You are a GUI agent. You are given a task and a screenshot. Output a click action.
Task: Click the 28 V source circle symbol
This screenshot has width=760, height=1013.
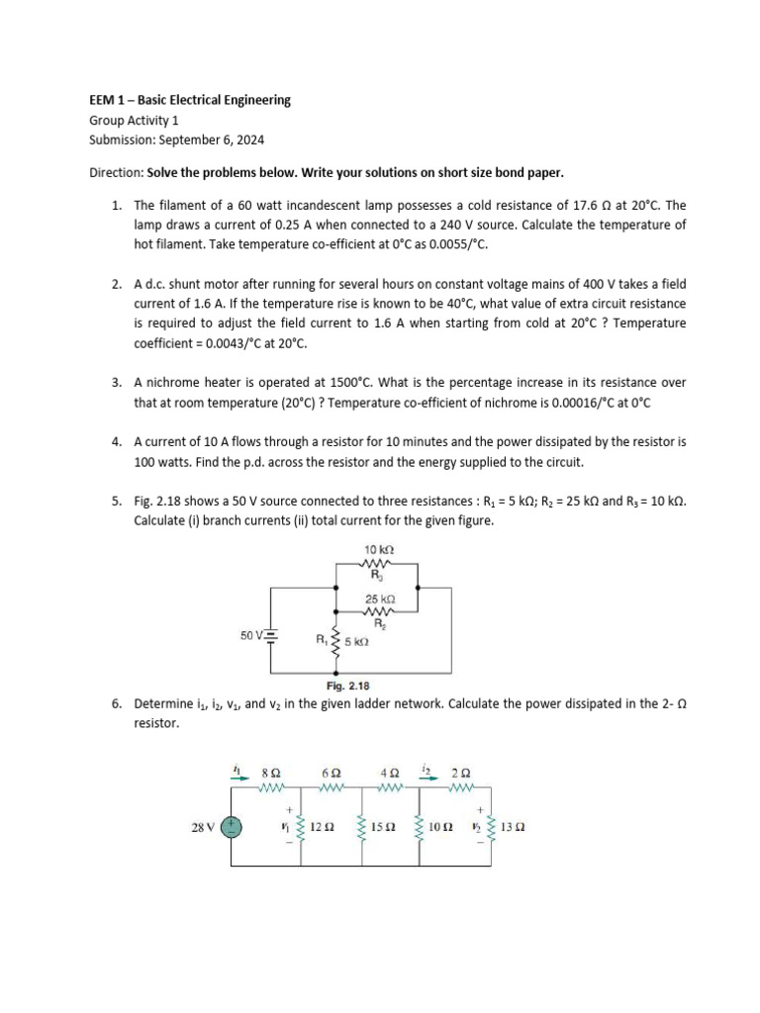click(232, 827)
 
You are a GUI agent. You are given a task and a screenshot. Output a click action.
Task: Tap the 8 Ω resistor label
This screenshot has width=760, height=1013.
click(270, 773)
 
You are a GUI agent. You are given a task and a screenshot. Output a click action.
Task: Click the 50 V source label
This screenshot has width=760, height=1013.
click(252, 635)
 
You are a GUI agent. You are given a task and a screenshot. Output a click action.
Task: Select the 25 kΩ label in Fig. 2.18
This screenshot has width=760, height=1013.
click(380, 599)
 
